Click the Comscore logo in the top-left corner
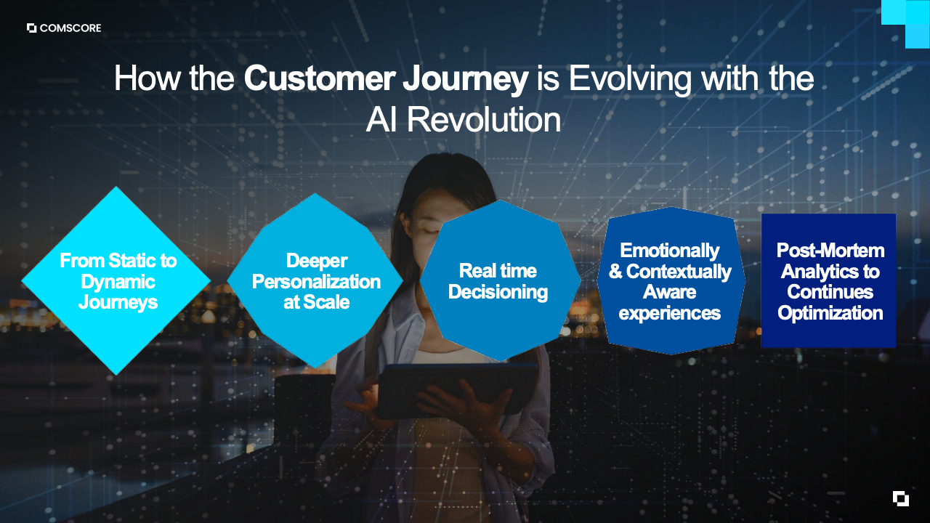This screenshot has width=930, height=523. pos(64,28)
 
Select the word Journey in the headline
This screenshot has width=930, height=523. pos(466,80)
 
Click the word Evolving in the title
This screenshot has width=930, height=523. pos(630,80)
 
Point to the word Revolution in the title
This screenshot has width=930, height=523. pos(484,120)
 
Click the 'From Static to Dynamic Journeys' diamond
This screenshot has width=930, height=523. pos(116,280)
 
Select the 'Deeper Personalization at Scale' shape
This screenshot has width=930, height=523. pos(315,280)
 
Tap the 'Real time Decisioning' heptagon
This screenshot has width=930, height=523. pos(500,280)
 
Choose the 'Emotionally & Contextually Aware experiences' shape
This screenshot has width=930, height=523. pos(671,280)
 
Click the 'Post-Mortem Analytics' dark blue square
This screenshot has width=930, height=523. pos(828,280)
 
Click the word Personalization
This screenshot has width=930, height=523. pos(316,281)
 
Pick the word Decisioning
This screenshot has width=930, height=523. pos(498,292)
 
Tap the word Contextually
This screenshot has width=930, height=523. pos(679,272)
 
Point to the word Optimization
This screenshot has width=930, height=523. pos(830,313)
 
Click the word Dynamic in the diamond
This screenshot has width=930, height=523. pos(118,283)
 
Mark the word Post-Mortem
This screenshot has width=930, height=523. pos(830,251)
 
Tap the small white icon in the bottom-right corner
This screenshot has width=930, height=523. pos(901,498)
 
